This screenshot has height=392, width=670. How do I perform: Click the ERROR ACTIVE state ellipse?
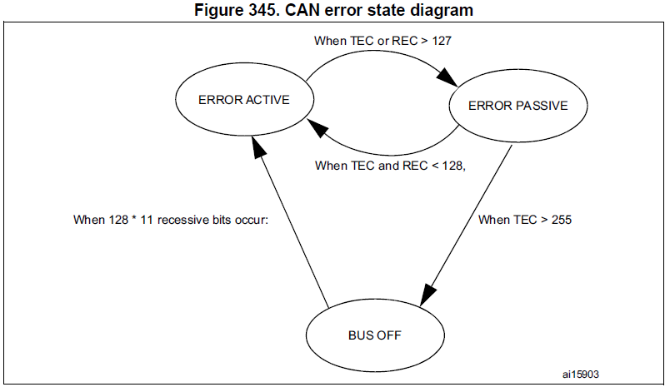pos(243,100)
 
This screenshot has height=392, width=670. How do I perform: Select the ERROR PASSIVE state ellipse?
pos(517,106)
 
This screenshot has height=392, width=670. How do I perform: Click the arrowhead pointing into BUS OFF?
pos(427,295)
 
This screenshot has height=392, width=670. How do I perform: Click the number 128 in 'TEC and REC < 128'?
pos(451,166)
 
